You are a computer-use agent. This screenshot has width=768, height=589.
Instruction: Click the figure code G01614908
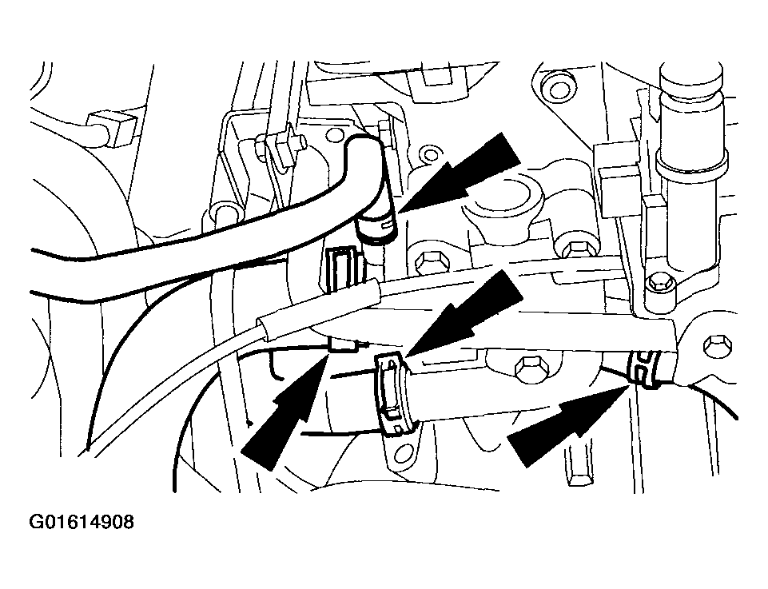pos(82,523)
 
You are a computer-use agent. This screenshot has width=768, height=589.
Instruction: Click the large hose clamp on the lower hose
pos(395,395)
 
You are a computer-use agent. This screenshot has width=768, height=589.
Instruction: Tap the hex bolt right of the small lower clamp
pos(717,345)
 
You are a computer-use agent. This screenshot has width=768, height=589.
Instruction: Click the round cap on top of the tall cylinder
pos(691,78)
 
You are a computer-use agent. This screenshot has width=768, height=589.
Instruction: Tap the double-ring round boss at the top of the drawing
pos(557,89)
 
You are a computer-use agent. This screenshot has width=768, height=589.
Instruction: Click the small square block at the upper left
pos(111,129)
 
